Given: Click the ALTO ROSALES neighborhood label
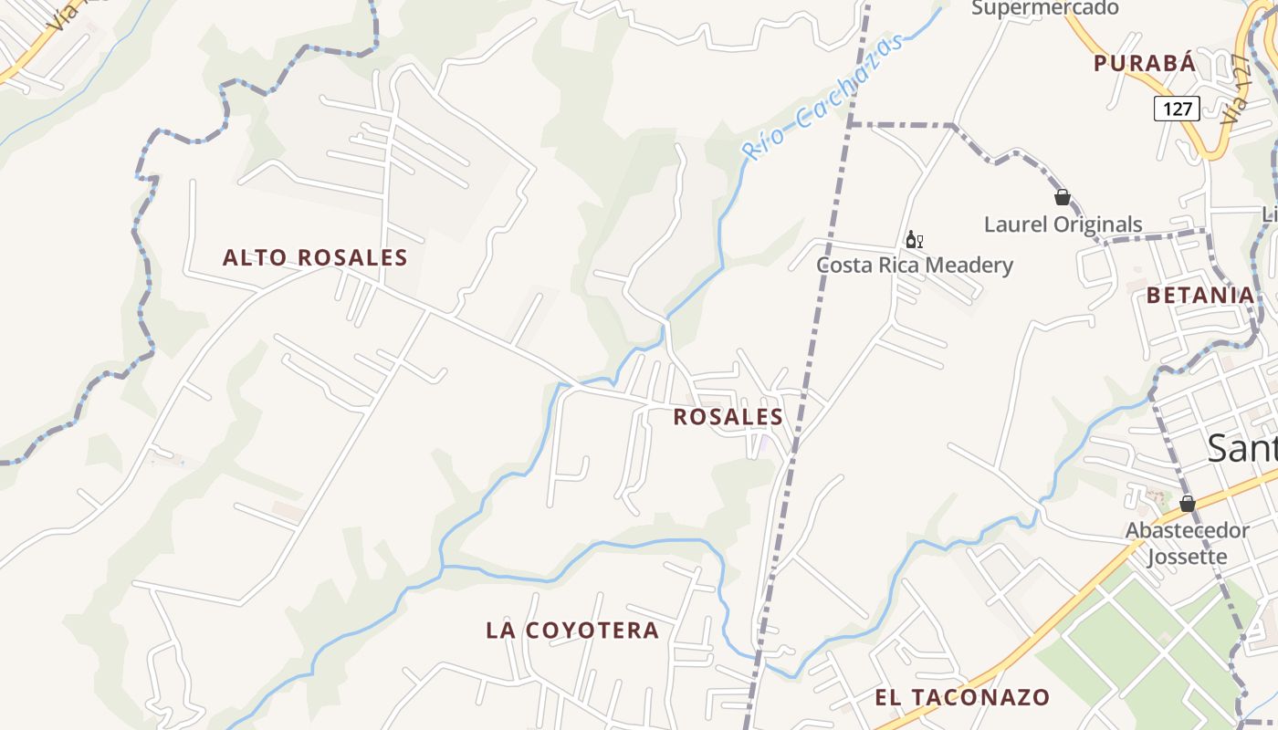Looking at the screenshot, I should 315,258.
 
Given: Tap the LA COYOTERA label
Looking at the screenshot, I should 572,631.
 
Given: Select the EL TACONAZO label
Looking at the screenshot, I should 962,698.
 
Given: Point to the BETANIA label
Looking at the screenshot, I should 1200,296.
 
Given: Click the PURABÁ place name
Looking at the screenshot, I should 1144,63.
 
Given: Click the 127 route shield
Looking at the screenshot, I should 1177,109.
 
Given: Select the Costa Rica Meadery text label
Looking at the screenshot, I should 915,266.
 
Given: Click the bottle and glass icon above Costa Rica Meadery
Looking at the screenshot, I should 913,240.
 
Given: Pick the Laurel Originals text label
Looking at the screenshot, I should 1063,224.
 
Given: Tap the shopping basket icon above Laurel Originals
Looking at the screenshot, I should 1062,197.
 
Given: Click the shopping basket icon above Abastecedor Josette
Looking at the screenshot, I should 1187,503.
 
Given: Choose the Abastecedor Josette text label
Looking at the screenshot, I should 1187,544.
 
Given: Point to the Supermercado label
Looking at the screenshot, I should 1044,8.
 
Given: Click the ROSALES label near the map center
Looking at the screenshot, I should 728,418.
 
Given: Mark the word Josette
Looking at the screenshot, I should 1187,557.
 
